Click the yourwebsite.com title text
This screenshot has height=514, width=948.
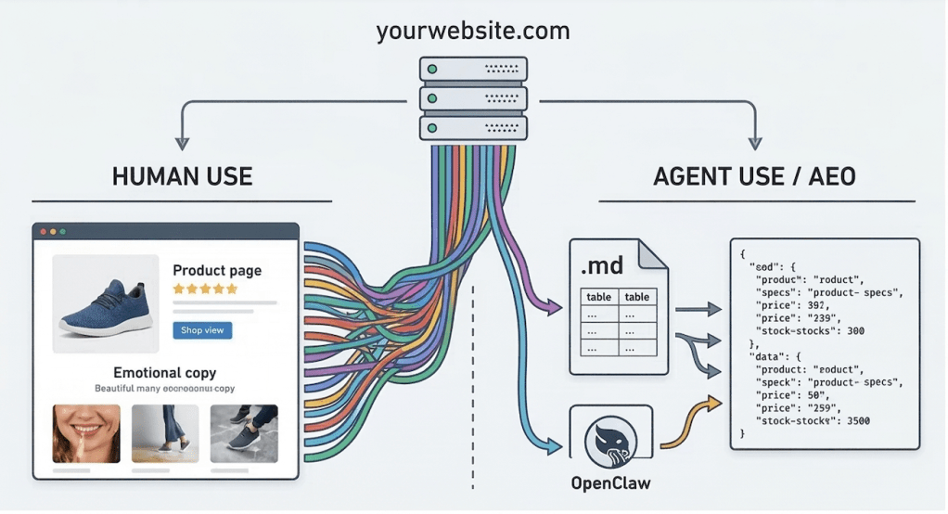473,32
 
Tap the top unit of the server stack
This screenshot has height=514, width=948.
473,69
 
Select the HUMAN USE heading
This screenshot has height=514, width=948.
182,176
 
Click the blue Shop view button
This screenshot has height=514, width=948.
202,330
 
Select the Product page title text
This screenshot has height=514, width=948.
217,271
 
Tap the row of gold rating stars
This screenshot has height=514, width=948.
205,289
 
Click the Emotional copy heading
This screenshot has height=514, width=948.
165,373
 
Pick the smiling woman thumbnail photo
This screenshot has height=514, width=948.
86,432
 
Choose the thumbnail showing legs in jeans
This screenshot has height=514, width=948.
165,432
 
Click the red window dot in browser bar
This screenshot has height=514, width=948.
42,231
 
